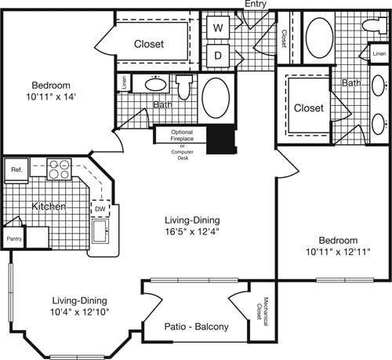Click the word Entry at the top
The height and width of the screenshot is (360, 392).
click(256, 5)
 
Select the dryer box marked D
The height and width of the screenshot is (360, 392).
click(219, 56)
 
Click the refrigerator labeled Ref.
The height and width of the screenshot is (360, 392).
click(16, 168)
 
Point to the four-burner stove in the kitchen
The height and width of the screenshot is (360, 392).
click(59, 167)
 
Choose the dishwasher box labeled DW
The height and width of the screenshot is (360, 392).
click(101, 209)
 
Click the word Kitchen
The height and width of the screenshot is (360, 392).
click(48, 206)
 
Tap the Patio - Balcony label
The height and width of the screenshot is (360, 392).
click(196, 326)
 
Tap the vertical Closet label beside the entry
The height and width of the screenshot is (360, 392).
click(283, 38)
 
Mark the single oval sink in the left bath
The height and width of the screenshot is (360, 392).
click(156, 84)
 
